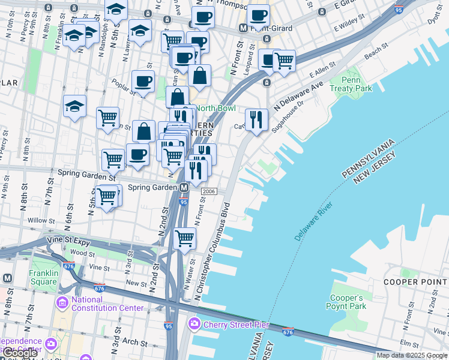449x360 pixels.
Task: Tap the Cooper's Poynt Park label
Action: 346,302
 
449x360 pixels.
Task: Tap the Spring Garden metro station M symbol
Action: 184,188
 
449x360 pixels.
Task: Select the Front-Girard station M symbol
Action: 243,28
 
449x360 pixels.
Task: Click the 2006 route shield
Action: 209,191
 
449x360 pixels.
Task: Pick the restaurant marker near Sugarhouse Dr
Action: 256,119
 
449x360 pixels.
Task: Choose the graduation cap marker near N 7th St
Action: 74,107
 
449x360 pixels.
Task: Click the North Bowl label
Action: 215,109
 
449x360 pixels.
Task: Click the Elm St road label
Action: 411,344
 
